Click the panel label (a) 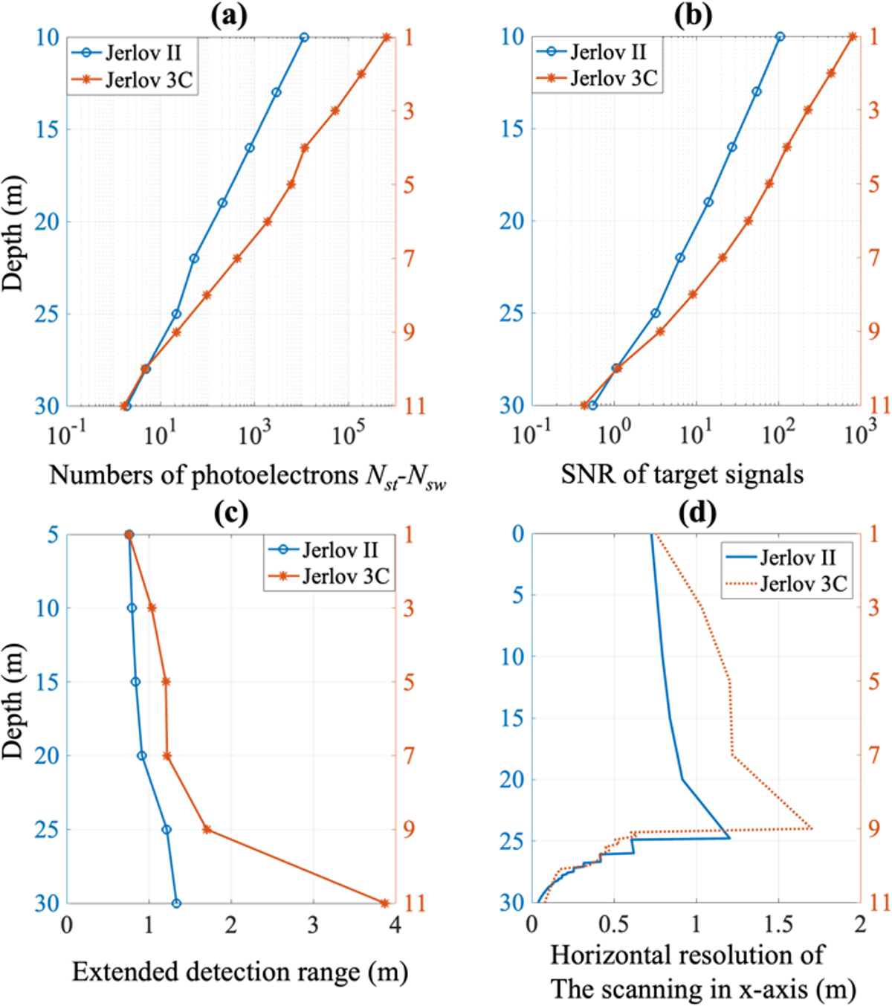[x=229, y=16]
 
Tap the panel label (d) [x=694, y=513]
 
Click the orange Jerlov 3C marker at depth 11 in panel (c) [x=384, y=903]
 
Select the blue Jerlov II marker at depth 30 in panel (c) [x=176, y=903]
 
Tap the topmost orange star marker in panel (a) [x=387, y=37]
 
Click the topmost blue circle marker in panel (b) [x=780, y=36]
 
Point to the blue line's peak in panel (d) [x=729, y=838]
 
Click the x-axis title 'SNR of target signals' [x=682, y=474]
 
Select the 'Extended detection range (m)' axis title [x=239, y=972]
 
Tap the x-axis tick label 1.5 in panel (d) [x=778, y=924]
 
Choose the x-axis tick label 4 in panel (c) [x=395, y=924]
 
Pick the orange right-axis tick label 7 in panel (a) [x=409, y=259]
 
